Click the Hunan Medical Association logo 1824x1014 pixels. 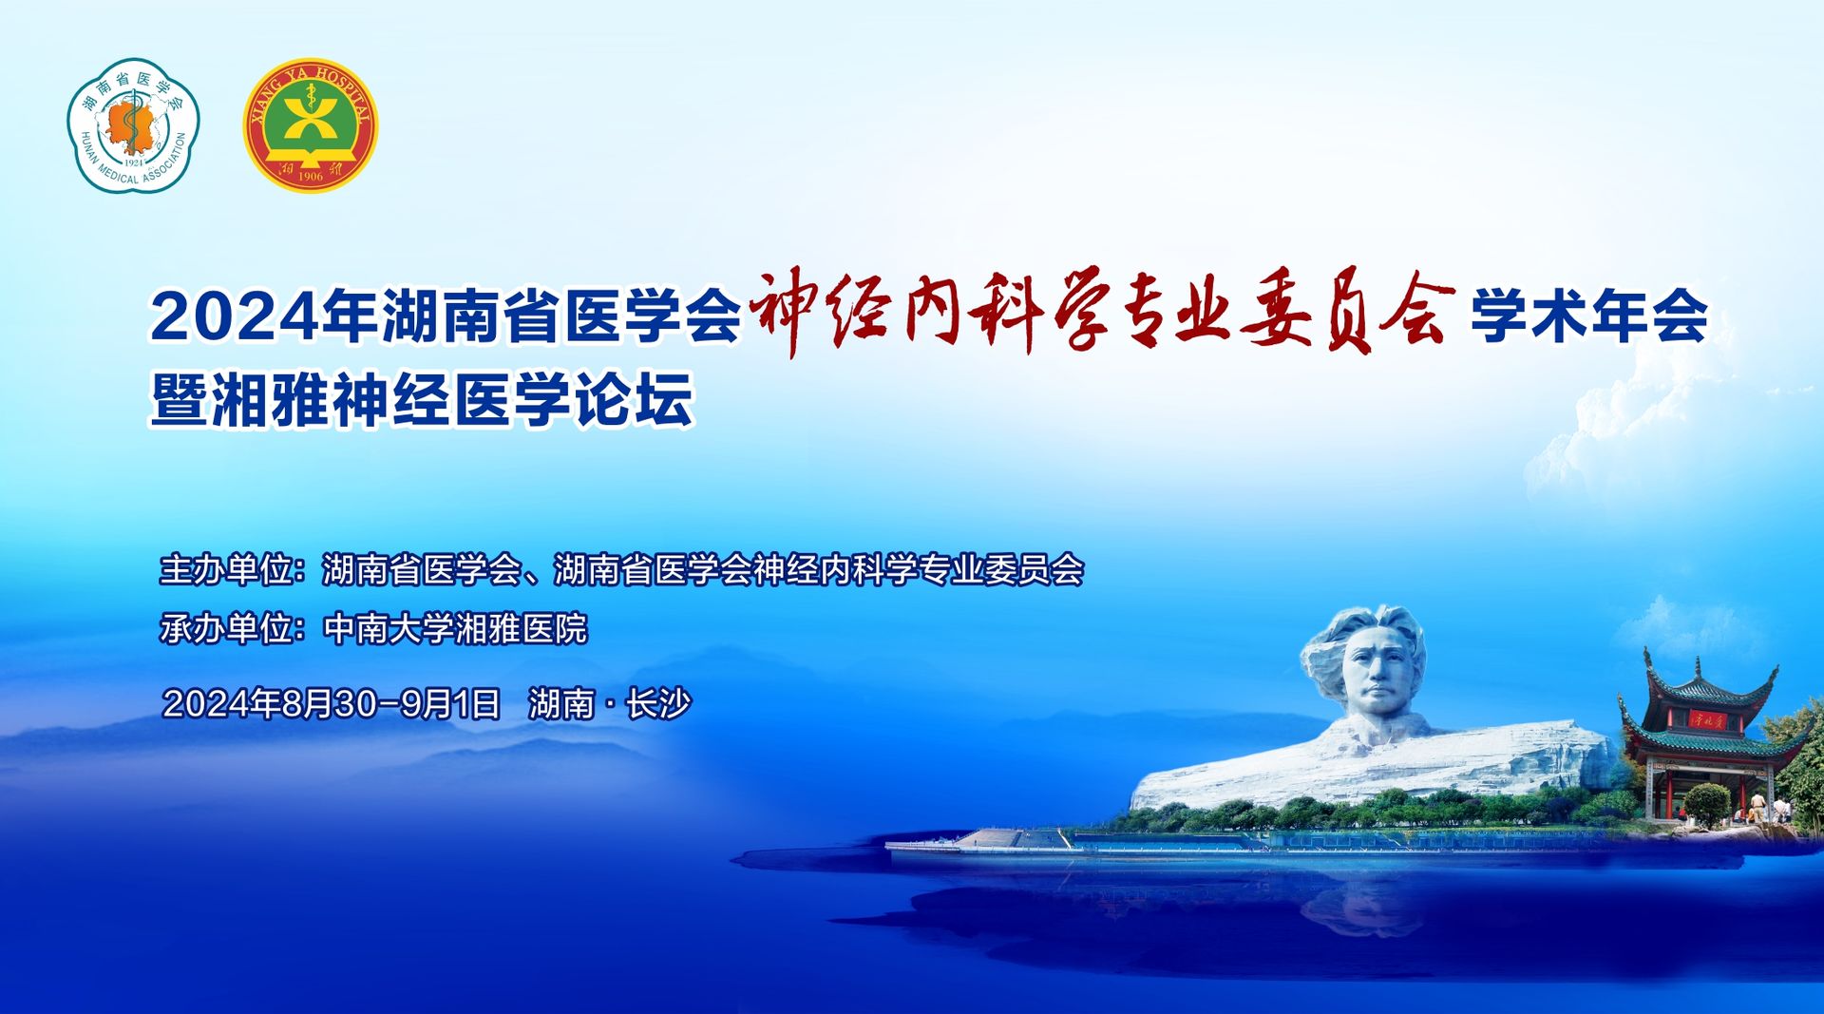[x=133, y=125]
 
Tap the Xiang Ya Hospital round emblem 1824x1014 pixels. [x=311, y=124]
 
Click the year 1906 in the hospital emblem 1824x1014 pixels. [x=311, y=176]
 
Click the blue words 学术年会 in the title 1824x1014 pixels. [x=1589, y=316]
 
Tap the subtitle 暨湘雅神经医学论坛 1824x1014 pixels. [x=423, y=399]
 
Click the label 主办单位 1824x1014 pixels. [x=226, y=569]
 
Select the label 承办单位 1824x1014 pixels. [x=226, y=628]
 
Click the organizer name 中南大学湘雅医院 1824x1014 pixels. [x=456, y=628]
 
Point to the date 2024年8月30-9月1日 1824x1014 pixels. [x=332, y=703]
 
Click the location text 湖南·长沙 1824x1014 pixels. [x=610, y=703]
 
